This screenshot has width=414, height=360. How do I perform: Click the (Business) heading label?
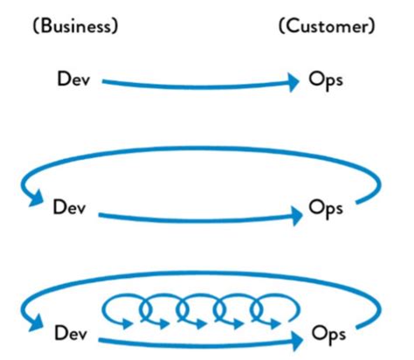73,25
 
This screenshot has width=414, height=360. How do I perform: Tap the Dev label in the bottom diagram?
72,333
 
